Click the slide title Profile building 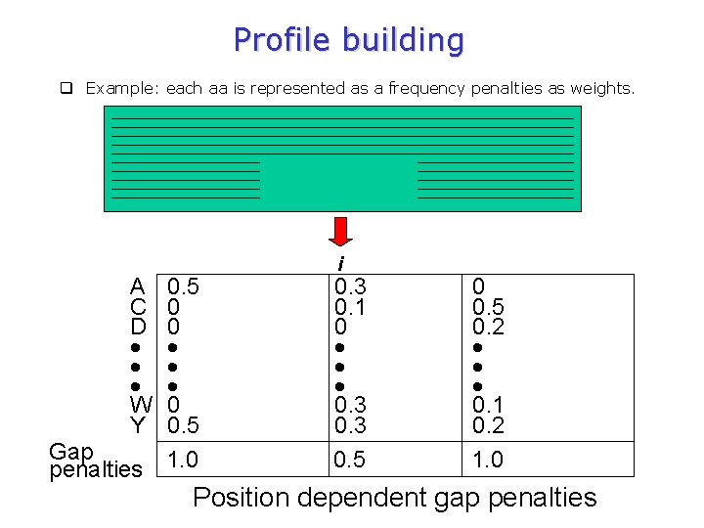coord(348,40)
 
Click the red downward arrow coord(340,233)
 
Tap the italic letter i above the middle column coord(340,264)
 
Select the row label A coord(139,286)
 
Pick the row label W coord(141,404)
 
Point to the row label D coord(139,327)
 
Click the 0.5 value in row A coord(183,286)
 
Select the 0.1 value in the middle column coord(350,307)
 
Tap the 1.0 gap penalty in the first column coord(183,460)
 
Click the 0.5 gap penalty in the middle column coord(350,460)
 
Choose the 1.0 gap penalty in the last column coord(488,460)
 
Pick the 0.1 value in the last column coord(488,404)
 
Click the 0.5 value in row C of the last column coord(488,307)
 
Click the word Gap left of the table coord(70,452)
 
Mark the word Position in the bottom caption coord(240,498)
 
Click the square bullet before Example coord(66,88)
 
